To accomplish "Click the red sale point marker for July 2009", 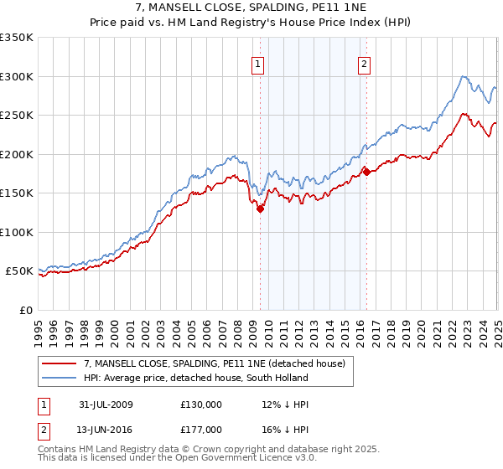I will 261,209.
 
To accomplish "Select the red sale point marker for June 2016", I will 366,173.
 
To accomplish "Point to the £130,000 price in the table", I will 201,404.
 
